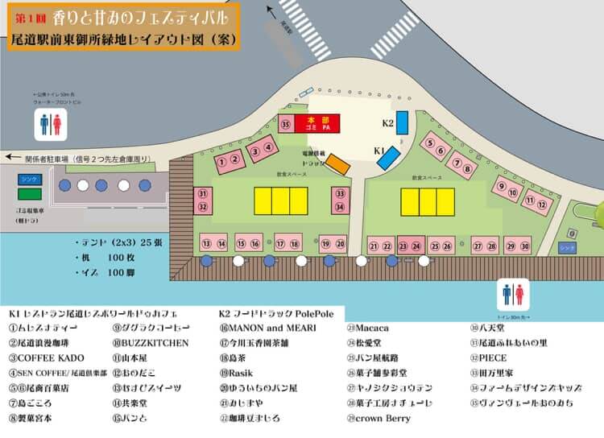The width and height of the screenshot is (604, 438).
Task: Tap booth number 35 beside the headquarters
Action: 285,125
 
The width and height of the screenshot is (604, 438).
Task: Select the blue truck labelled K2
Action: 402,122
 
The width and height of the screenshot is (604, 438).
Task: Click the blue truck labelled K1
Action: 388,155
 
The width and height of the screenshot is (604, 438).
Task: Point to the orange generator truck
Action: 337,164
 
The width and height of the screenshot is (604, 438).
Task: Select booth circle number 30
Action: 525,246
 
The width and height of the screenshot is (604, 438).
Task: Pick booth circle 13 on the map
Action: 207,244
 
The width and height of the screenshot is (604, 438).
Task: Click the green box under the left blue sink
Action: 31,194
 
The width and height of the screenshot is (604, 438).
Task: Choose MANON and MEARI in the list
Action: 259,328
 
